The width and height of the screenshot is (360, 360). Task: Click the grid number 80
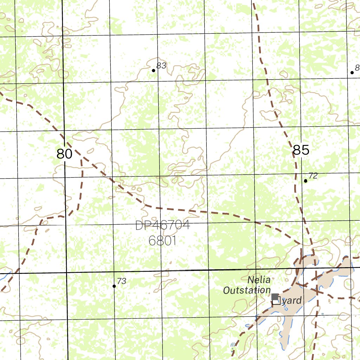click(64, 154)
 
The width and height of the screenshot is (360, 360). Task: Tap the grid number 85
click(301, 150)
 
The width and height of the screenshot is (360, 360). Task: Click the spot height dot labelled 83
click(154, 71)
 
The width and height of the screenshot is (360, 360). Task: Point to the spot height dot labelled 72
click(306, 181)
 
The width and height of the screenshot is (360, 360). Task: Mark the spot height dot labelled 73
click(114, 286)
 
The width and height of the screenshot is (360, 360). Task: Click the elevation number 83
click(161, 66)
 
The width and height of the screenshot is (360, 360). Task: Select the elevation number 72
click(313, 176)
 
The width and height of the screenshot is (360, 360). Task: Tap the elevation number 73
click(122, 281)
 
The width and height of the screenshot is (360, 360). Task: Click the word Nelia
click(259, 280)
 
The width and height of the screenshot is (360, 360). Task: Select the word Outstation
click(247, 290)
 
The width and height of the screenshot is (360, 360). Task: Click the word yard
click(292, 301)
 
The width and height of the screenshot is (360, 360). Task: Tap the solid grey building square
click(275, 297)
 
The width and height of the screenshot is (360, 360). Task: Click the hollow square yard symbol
click(277, 301)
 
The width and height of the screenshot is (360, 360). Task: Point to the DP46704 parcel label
click(162, 226)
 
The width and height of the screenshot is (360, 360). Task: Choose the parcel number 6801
click(162, 241)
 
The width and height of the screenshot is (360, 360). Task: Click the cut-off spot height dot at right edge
click(352, 72)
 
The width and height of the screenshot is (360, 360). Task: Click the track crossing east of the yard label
click(317, 291)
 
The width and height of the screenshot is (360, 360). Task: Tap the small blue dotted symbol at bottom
click(232, 346)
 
